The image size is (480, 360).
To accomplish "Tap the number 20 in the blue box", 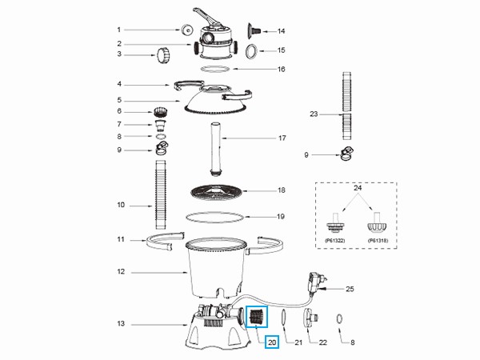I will click(272, 342).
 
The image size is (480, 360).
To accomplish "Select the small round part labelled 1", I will click(186, 30).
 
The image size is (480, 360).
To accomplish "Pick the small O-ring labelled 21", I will click(286, 318).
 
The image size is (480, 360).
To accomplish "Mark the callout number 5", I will click(120, 101).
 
